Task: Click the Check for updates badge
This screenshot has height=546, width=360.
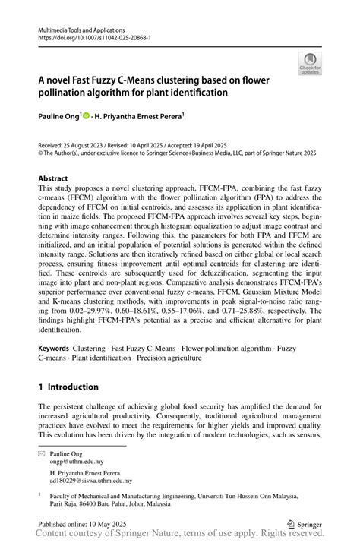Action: click(310, 64)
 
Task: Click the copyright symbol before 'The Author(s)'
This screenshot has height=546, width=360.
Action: click(41, 151)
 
